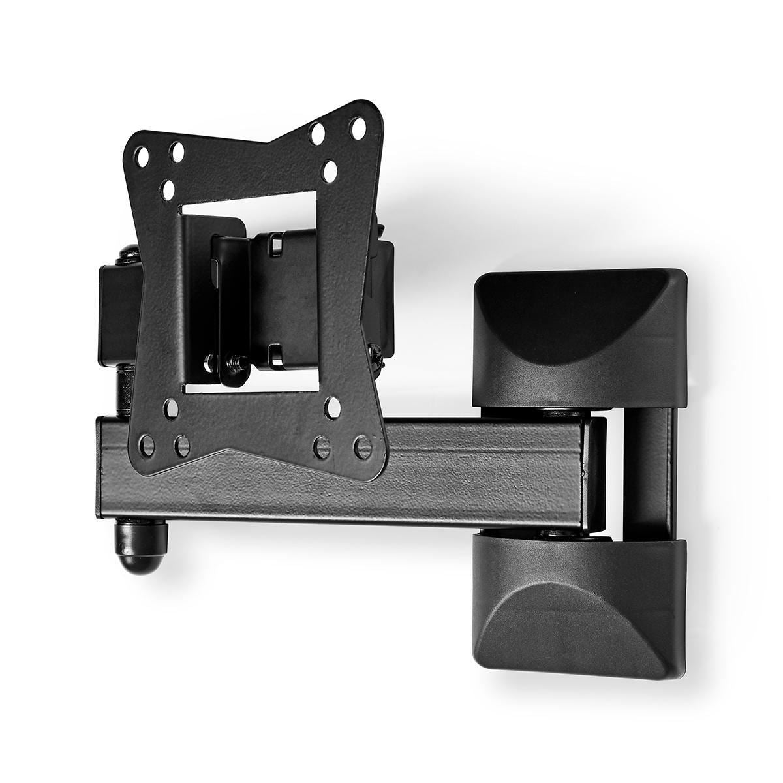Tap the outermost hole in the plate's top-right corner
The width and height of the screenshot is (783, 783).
358,128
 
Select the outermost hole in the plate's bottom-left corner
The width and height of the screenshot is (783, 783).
148,446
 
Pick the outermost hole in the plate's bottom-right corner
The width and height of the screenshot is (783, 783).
361,446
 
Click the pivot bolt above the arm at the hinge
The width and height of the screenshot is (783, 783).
558,413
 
